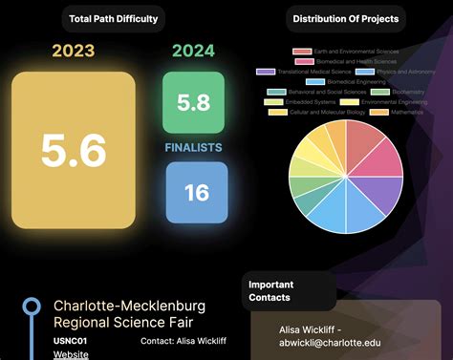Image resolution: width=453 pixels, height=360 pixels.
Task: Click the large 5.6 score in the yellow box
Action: coord(74,151)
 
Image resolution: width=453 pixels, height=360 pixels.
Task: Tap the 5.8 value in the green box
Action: coord(193,103)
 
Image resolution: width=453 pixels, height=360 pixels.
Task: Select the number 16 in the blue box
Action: coord(196,193)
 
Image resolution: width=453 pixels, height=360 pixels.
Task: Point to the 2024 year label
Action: coord(193,52)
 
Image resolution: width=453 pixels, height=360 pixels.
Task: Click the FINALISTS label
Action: coord(193,148)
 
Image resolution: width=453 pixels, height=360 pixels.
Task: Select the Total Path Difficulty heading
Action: coord(113,18)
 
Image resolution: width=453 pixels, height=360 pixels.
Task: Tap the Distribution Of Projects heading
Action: coord(345,18)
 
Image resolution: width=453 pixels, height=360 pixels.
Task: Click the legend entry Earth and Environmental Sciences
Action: coord(350,51)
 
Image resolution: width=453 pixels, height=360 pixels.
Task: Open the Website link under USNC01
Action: coord(71,354)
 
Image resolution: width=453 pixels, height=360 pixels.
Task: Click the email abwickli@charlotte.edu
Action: coord(330,342)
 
